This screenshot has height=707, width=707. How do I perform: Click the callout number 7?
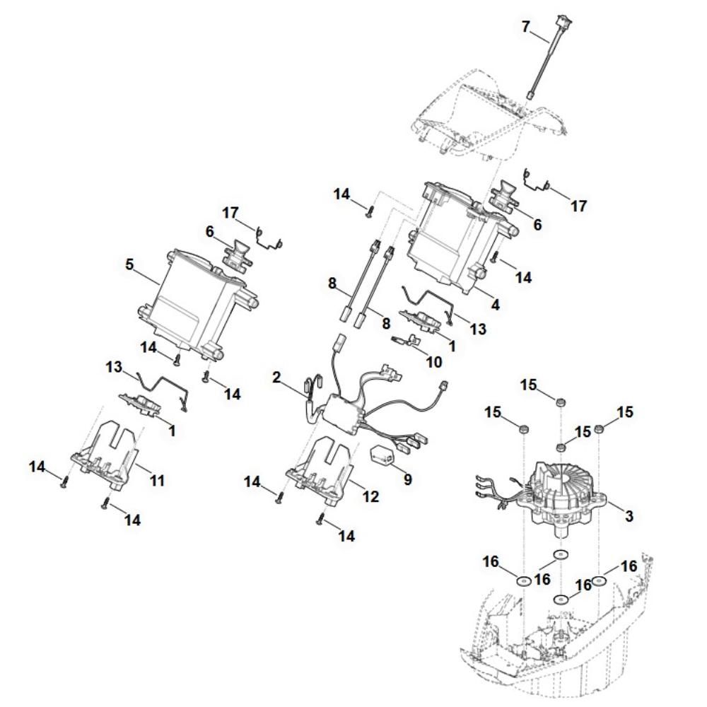click(525, 27)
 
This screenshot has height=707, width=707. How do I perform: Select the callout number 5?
click(129, 264)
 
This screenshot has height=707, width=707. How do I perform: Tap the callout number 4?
click(496, 305)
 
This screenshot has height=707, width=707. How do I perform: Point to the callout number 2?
click(276, 378)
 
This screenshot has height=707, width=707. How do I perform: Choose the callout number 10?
click(434, 362)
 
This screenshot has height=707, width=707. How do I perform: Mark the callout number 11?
click(157, 481)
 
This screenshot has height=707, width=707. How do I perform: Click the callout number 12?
click(370, 496)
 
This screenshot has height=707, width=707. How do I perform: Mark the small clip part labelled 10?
click(406, 340)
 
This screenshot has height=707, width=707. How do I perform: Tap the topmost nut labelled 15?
click(561, 402)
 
